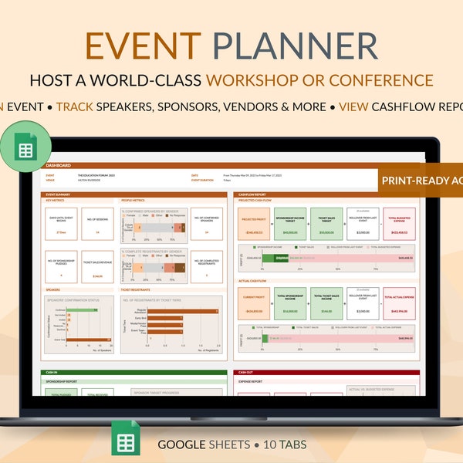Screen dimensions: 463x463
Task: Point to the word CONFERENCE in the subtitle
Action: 388,80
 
